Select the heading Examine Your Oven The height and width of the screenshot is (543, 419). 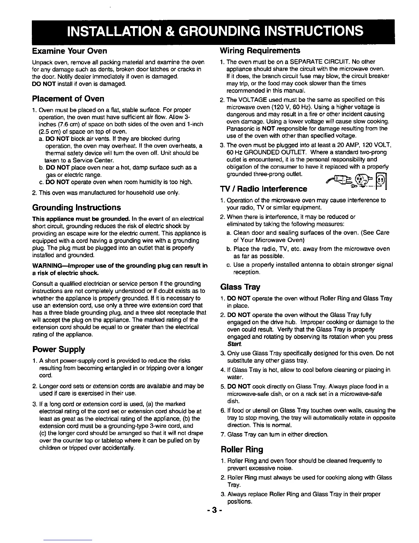[x=69, y=51]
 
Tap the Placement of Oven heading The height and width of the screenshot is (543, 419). [x=68, y=99]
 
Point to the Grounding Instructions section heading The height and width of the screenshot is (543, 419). [x=76, y=207]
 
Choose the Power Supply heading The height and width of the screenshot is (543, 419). [x=59, y=349]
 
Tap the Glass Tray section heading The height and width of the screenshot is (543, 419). [x=240, y=287]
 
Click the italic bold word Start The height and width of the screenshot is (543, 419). [x=234, y=344]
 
